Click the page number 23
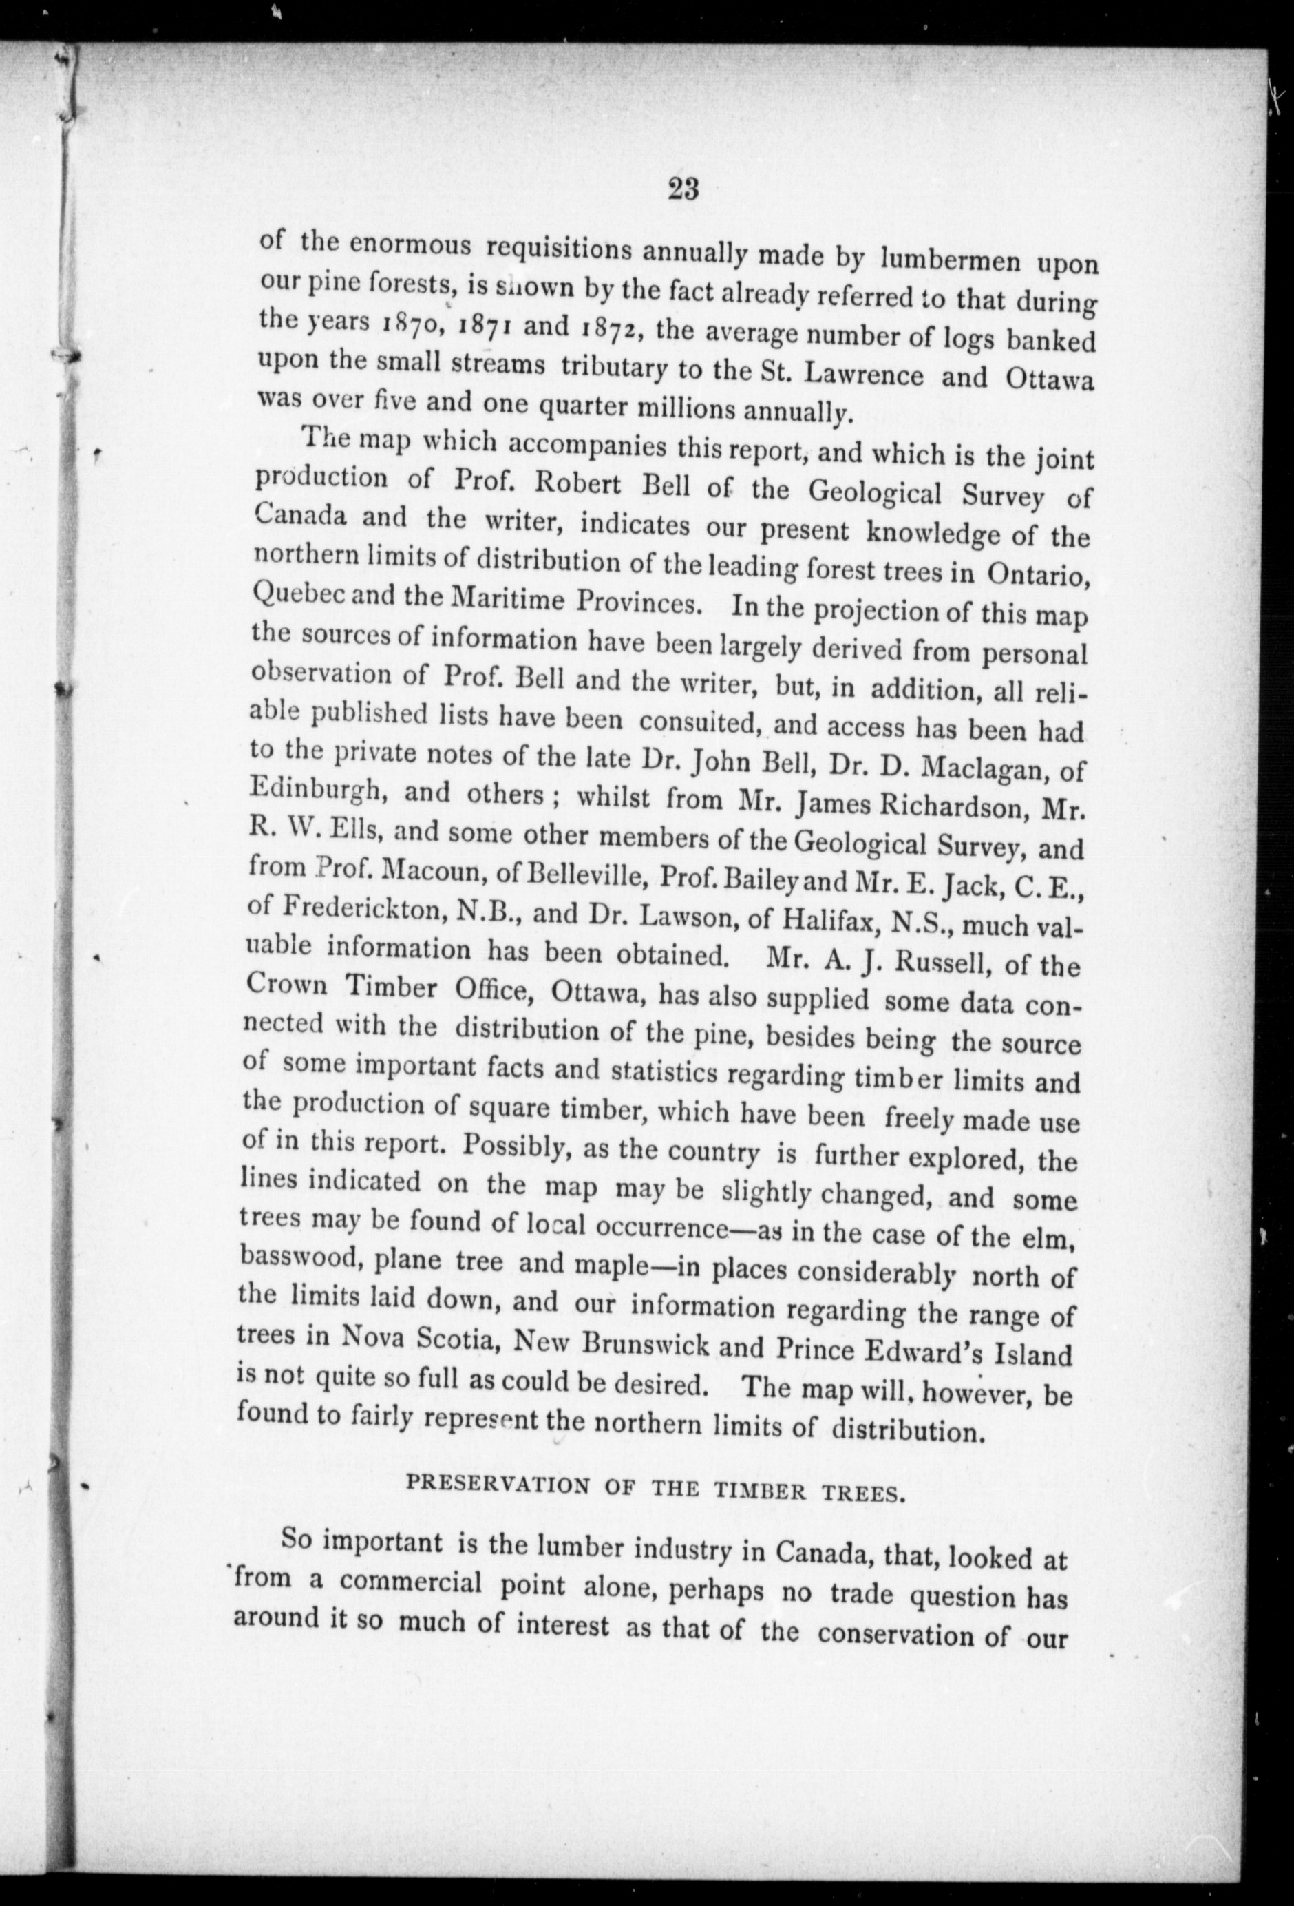pos(682,190)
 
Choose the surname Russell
pos(942,962)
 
